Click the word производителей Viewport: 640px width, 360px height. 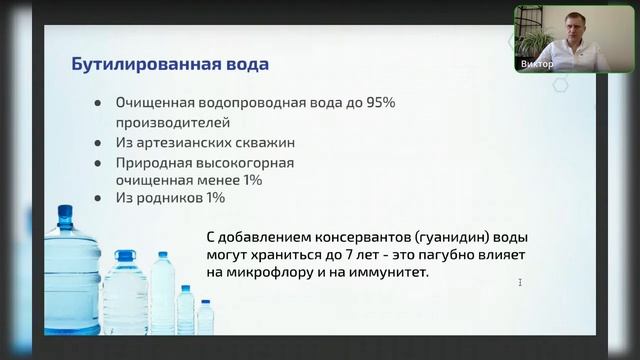tap(173, 123)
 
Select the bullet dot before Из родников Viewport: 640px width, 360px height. tap(97, 198)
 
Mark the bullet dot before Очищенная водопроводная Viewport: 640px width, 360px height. tap(97, 103)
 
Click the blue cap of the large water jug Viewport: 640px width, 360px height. tap(65, 214)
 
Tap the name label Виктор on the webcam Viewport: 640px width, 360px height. tap(536, 64)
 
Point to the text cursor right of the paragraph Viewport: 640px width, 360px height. tap(520, 283)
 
